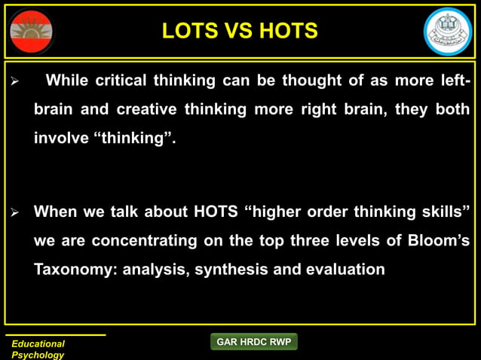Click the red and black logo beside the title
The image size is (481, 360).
pos(32,32)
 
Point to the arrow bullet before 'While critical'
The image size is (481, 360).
pos(12,81)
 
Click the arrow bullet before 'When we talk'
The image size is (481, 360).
pos(12,212)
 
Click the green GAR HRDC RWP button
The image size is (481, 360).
pos(254,342)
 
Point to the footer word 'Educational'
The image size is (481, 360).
pos(38,343)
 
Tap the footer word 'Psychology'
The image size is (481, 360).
pos(38,355)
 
